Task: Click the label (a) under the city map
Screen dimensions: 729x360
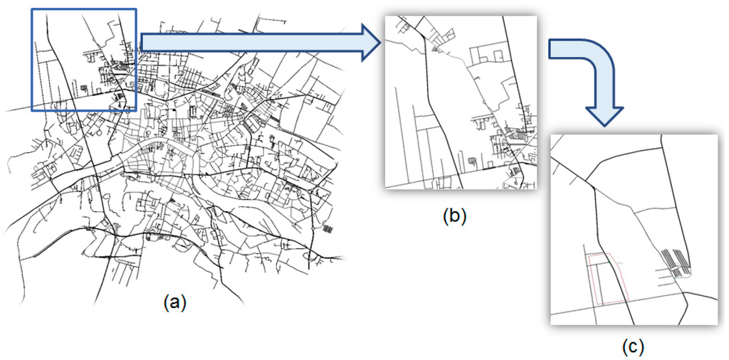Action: pos(175,302)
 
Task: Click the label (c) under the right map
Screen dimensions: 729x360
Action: pos(633,346)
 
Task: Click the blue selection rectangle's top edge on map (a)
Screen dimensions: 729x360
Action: pos(83,9)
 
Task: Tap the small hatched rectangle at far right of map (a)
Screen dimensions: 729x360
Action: pos(327,229)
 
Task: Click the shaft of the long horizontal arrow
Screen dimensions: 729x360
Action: pos(249,42)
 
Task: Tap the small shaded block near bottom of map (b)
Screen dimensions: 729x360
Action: pos(473,162)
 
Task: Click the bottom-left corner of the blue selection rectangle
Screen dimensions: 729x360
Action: pos(32,110)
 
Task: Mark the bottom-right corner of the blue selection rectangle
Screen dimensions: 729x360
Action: pos(135,110)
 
